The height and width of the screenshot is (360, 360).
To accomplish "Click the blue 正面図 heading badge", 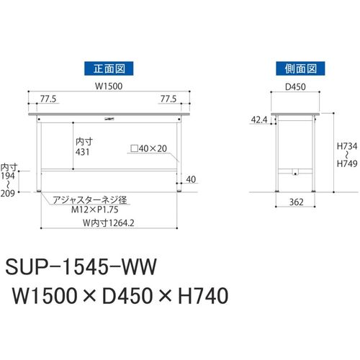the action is [x=109, y=68].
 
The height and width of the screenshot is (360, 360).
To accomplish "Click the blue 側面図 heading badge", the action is [x=300, y=68].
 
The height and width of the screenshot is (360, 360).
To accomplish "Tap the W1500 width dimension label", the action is [x=109, y=86].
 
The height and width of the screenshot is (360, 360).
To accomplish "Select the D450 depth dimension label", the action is [x=295, y=87].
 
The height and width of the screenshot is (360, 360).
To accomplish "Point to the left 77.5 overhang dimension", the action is [x=48, y=99].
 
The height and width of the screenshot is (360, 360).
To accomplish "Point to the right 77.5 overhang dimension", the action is [x=168, y=99].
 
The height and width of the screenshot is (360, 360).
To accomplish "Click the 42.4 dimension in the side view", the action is [x=259, y=120].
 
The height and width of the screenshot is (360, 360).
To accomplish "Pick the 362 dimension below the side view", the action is [x=297, y=202].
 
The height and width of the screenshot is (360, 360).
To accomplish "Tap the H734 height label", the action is [x=347, y=146].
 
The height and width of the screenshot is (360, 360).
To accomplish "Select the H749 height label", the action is [x=347, y=163].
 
